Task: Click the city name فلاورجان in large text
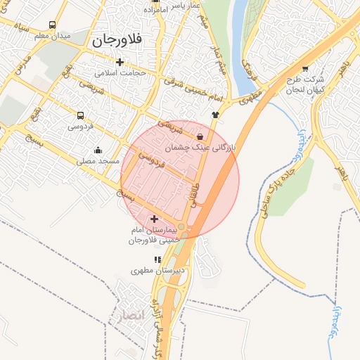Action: [117, 41]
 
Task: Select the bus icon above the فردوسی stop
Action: [80, 116]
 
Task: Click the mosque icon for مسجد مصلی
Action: [97, 150]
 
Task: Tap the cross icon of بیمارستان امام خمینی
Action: [155, 219]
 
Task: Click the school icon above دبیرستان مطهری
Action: [157, 259]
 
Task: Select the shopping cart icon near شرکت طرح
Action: [304, 69]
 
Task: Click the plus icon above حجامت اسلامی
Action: [120, 62]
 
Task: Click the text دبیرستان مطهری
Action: [160, 269]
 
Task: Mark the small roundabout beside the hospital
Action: [181, 226]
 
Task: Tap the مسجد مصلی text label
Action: [98, 161]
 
